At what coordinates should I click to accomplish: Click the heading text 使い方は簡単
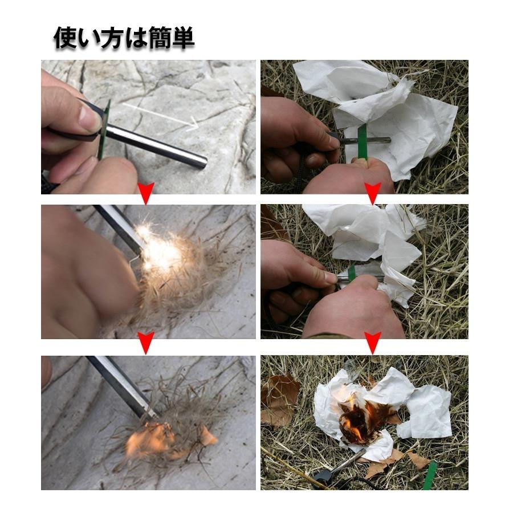(124, 38)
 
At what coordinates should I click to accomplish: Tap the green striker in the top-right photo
(362, 141)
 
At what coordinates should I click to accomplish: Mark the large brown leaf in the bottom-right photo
(279, 399)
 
